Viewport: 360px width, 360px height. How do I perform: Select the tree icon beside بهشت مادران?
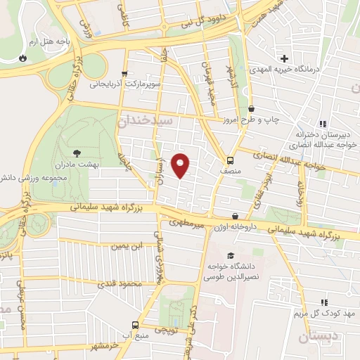[77, 151]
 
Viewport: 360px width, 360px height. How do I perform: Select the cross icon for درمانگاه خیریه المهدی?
[284, 58]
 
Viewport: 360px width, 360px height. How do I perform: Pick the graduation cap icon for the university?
[230, 255]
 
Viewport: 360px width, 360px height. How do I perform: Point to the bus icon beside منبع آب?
[136, 326]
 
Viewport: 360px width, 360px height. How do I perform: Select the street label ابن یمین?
[127, 246]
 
